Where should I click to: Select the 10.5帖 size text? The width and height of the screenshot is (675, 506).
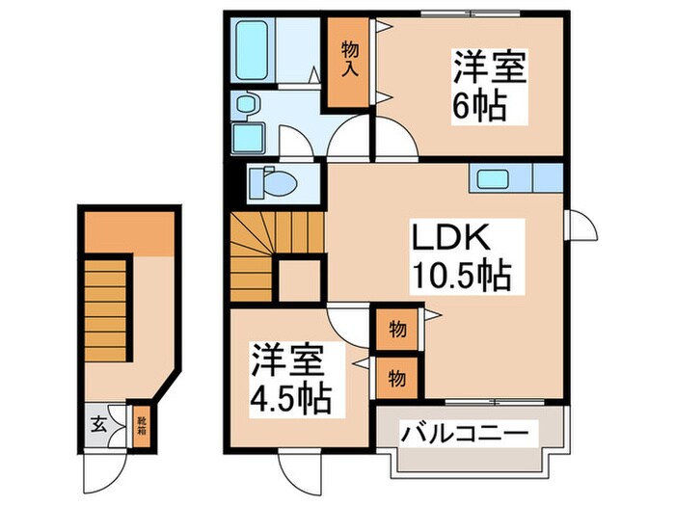463,277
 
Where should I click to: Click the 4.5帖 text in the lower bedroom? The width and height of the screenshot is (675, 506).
290,396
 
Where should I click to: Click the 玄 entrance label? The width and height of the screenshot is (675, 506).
97,423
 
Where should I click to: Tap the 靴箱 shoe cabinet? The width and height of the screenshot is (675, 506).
141,423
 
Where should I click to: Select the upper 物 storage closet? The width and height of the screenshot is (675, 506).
396,329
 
